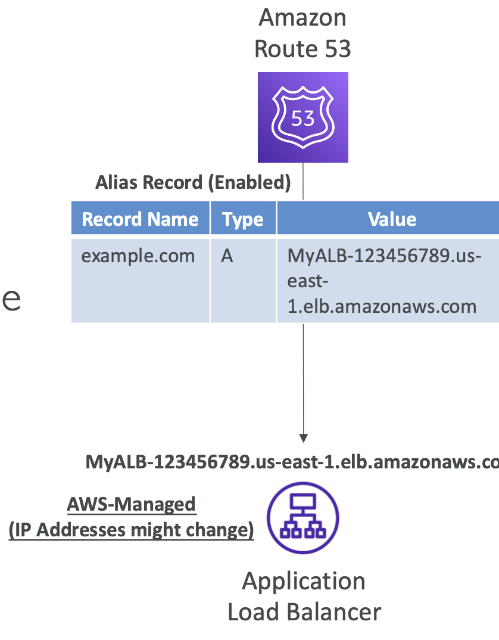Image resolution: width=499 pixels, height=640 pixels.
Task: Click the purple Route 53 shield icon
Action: coord(302,117)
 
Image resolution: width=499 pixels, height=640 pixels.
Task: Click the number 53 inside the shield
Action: coord(302,119)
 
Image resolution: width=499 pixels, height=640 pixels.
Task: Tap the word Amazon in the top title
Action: coord(302,17)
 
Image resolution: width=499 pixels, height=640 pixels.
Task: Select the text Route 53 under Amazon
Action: coord(302,49)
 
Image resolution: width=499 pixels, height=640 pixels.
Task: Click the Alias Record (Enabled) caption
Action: coord(193,183)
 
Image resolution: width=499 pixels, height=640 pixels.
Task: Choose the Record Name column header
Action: coord(140,219)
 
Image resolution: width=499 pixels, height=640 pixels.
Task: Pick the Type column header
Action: coord(243,219)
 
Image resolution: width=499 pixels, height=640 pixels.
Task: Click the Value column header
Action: coord(392,219)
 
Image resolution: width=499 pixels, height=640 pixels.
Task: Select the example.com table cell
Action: coord(138,256)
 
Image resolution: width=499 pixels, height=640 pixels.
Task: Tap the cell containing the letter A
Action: coord(227,256)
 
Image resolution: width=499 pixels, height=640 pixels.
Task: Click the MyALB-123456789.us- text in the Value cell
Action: coord(385,256)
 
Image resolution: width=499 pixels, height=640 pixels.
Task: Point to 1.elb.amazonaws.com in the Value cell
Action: coord(382,306)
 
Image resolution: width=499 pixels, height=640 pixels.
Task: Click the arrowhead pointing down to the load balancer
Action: coord(303,438)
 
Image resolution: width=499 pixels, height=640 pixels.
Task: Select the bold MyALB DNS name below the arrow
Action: coord(292,462)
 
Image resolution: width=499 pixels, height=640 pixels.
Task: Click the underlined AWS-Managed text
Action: coord(132,505)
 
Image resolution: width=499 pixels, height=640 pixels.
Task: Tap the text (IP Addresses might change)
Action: coord(132,530)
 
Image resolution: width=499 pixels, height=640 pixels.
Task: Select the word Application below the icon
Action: coord(304,581)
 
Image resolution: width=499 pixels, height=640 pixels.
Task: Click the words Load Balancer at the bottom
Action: coord(304,612)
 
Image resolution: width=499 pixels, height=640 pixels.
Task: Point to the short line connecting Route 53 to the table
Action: coord(303,181)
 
